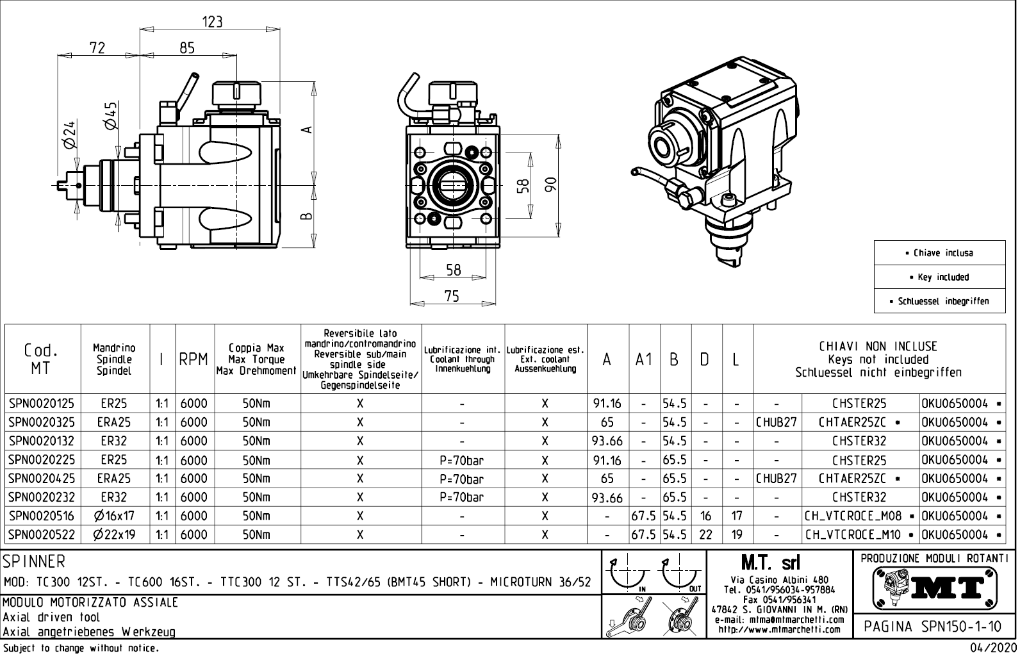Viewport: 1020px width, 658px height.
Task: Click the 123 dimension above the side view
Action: [212, 22]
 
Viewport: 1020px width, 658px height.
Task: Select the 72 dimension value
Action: [97, 47]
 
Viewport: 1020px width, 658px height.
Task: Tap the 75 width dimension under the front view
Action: [452, 296]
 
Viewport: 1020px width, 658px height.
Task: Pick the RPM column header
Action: [193, 359]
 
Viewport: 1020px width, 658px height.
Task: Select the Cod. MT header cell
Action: [42, 359]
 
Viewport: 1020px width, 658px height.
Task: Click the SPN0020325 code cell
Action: [42, 422]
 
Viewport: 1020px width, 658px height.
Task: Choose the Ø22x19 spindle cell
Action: [114, 534]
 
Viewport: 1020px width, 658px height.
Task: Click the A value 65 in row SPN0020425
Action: [607, 479]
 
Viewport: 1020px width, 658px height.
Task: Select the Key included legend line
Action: [939, 277]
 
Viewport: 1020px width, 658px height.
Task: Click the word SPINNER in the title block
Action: [35, 562]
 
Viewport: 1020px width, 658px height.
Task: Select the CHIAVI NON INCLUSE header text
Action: [878, 347]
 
